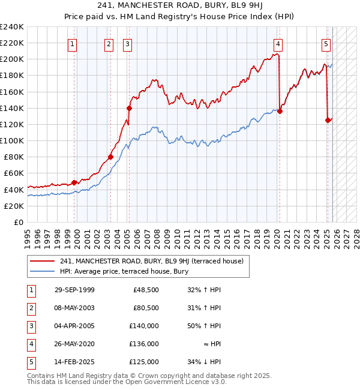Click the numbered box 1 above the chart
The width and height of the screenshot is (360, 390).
point(72,43)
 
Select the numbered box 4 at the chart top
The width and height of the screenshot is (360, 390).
point(278,43)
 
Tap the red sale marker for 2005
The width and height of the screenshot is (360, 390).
point(129,109)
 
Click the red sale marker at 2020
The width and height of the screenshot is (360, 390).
point(280,111)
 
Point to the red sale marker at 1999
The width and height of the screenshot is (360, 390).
point(74,182)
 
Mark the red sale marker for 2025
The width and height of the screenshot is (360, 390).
point(328,120)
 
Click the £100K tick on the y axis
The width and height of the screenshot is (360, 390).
point(11,140)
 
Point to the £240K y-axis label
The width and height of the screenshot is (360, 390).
point(11,27)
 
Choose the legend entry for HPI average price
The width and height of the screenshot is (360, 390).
point(124,271)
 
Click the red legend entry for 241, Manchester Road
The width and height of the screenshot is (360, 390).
point(151,261)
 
